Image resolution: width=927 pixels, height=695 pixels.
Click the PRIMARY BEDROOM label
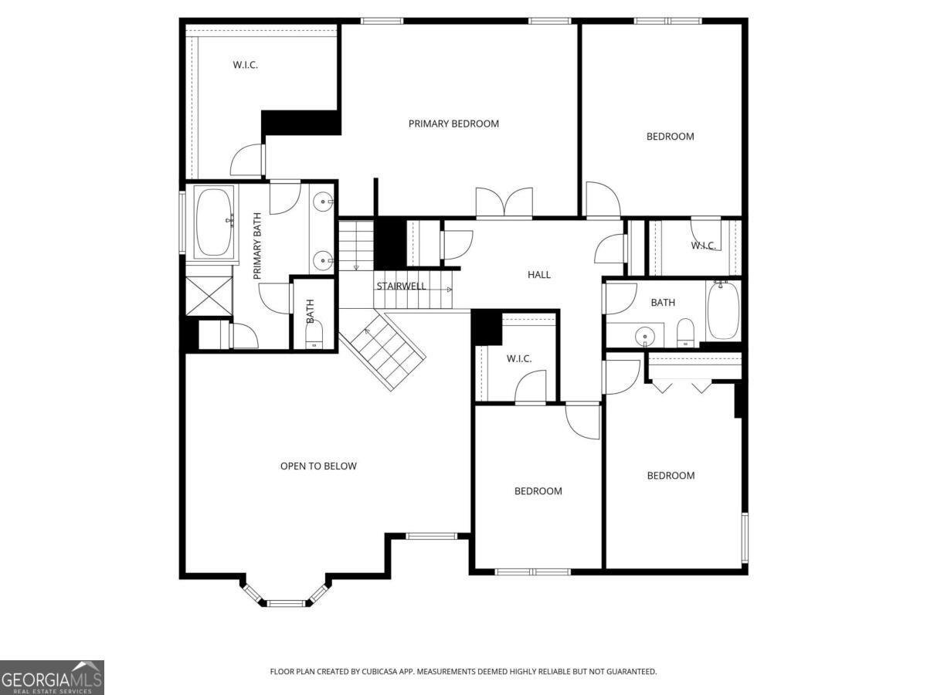[x=453, y=124]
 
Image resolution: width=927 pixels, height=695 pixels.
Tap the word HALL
[x=539, y=274]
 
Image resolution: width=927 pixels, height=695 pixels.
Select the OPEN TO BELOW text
[x=318, y=466]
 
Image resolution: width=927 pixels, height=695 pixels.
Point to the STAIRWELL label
[x=401, y=286]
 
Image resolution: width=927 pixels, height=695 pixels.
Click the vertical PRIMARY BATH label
[x=257, y=246]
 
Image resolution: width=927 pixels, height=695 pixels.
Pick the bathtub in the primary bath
[x=214, y=222]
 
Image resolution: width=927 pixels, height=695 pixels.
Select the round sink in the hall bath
[x=645, y=337]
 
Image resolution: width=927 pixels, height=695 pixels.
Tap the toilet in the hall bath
[x=686, y=334]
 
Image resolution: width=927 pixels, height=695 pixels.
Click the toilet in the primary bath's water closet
[x=313, y=336]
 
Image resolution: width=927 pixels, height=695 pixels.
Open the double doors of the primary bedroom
[x=504, y=203]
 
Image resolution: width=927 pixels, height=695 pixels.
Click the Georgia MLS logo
[x=52, y=677]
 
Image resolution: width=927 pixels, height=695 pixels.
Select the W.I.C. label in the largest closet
[x=245, y=65]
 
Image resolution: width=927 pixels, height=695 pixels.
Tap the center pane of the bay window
[x=286, y=602]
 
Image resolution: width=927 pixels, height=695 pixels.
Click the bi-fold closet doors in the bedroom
[x=682, y=386]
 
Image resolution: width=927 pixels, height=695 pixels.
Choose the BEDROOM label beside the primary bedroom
[x=670, y=137]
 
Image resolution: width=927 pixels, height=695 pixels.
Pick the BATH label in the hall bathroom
[x=662, y=303]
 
